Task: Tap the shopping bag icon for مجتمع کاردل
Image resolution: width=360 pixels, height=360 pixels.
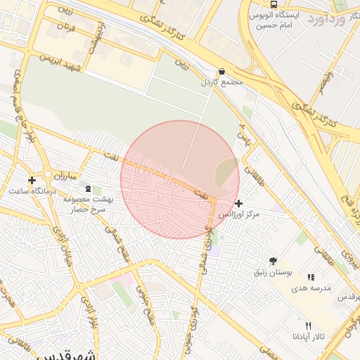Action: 222,72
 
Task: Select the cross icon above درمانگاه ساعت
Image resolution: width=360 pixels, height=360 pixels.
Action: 32,180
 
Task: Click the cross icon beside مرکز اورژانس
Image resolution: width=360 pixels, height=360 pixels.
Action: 239,202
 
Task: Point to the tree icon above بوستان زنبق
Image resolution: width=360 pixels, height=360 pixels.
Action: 272,261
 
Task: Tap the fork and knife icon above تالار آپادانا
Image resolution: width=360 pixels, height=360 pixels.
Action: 307,326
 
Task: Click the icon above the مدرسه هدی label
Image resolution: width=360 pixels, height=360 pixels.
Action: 311,277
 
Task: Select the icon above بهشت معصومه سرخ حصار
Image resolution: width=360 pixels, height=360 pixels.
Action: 88,188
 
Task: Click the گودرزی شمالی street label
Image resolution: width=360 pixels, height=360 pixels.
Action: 207,238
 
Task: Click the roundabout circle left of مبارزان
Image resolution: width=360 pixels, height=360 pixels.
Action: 48,174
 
